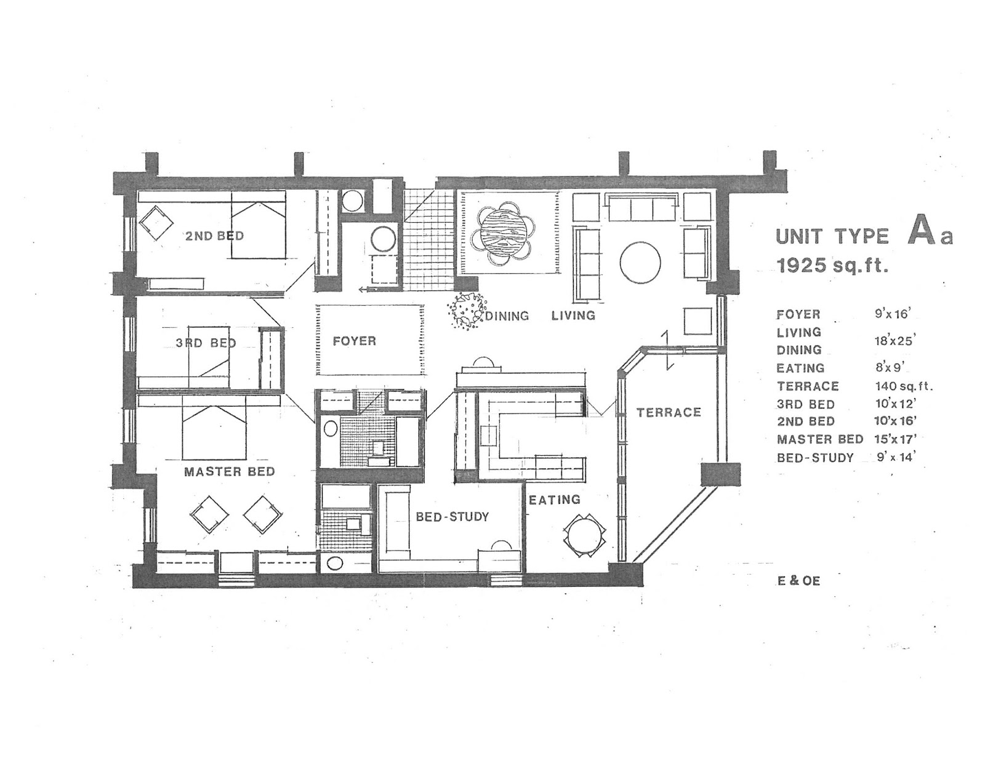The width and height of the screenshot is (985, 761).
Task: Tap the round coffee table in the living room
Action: click(x=640, y=263)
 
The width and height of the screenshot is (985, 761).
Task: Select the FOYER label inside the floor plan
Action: click(x=355, y=341)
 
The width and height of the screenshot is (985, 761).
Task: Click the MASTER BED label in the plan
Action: click(x=230, y=471)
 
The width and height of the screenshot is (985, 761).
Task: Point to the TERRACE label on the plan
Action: click(x=669, y=412)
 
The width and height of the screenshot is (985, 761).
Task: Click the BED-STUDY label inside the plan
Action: click(x=452, y=517)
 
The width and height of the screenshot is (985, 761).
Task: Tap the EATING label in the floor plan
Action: click(x=555, y=500)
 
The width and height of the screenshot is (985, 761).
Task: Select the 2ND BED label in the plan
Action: click(x=214, y=236)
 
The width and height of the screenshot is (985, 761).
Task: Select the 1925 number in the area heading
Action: click(x=802, y=265)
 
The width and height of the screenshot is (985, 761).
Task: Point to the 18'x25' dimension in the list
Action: click(x=893, y=341)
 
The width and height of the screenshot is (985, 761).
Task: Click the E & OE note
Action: click(x=798, y=581)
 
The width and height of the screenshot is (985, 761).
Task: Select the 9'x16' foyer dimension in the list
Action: click(x=891, y=314)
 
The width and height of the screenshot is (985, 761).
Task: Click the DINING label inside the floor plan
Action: click(x=507, y=316)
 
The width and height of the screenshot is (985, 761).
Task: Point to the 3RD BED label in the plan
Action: click(x=206, y=343)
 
